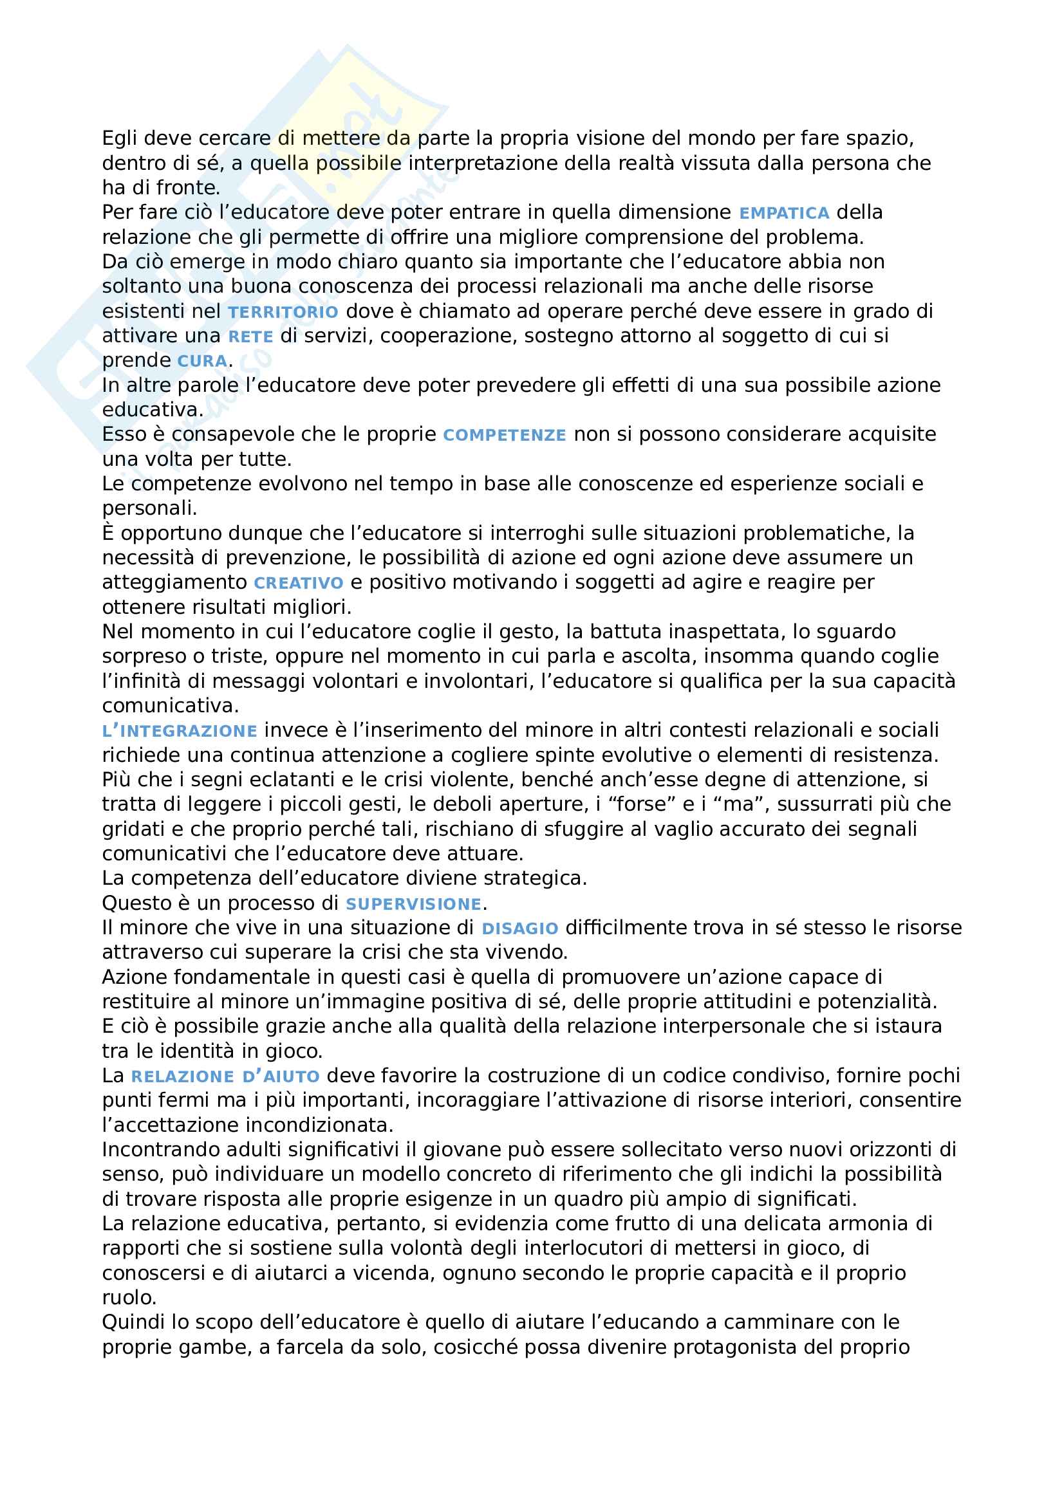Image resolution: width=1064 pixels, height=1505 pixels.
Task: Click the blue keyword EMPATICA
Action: (784, 213)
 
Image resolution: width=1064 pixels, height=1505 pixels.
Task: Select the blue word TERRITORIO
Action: (283, 312)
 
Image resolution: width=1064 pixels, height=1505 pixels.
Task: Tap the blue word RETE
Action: (250, 337)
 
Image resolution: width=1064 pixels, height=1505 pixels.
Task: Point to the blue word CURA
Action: (202, 361)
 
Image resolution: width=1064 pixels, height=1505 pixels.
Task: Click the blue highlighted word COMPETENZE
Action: (504, 435)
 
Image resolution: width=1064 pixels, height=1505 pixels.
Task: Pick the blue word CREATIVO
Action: (298, 584)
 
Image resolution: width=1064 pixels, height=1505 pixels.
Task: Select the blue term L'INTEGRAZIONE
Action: (179, 731)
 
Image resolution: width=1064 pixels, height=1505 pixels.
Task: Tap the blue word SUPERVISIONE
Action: (413, 905)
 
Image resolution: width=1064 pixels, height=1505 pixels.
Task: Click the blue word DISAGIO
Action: (519, 929)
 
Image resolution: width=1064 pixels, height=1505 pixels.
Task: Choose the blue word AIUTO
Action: (291, 1077)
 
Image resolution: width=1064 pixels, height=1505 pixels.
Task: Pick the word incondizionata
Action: (319, 1125)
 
